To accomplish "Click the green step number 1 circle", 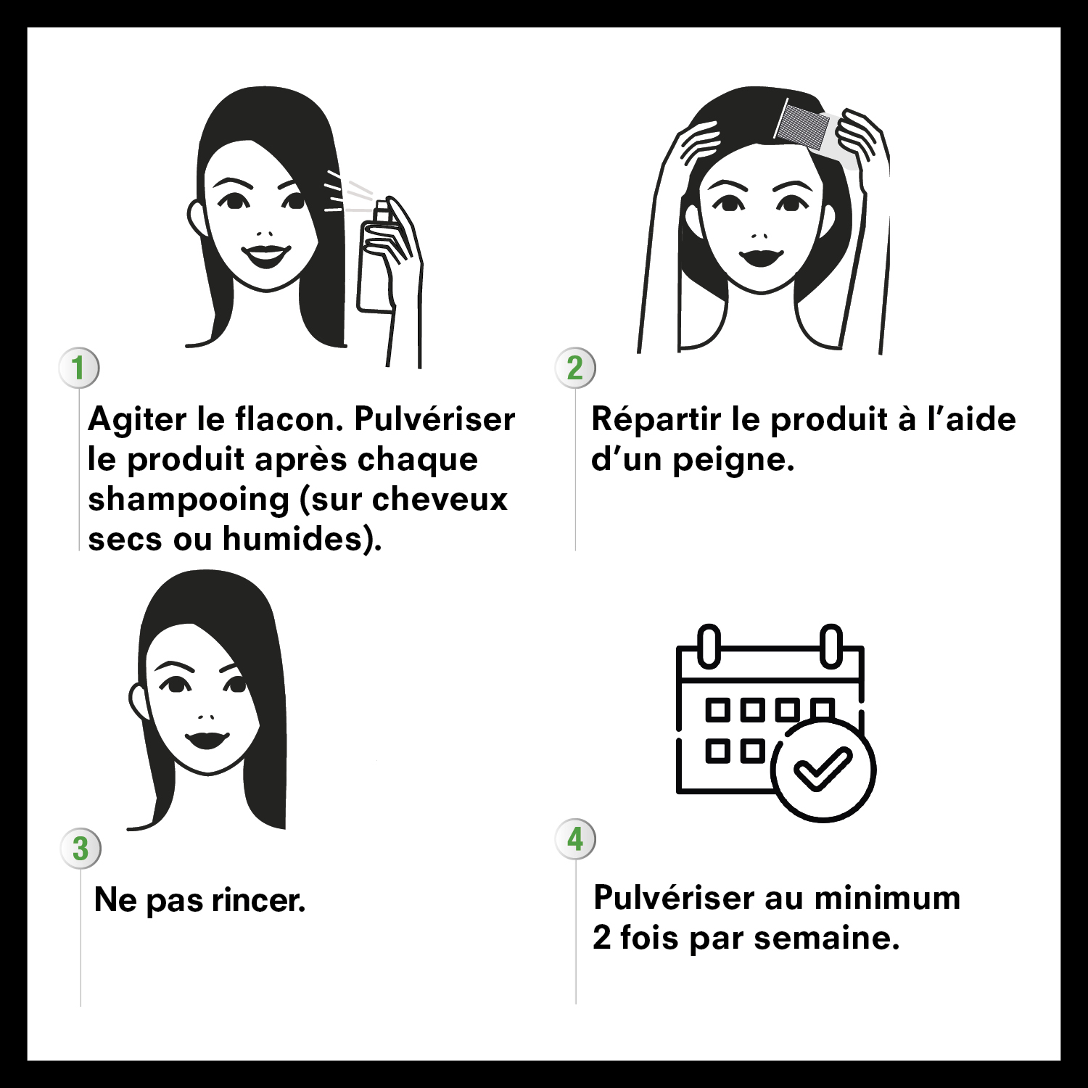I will tap(78, 368).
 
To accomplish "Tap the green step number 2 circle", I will tap(575, 368).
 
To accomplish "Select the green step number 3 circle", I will tap(81, 849).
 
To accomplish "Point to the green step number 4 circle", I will tap(575, 839).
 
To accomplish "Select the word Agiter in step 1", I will tap(136, 420).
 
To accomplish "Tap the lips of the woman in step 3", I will tap(206, 741).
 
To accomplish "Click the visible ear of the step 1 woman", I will tap(196, 218).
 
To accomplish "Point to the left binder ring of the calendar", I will tap(709, 645).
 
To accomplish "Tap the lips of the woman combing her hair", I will tap(761, 257).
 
